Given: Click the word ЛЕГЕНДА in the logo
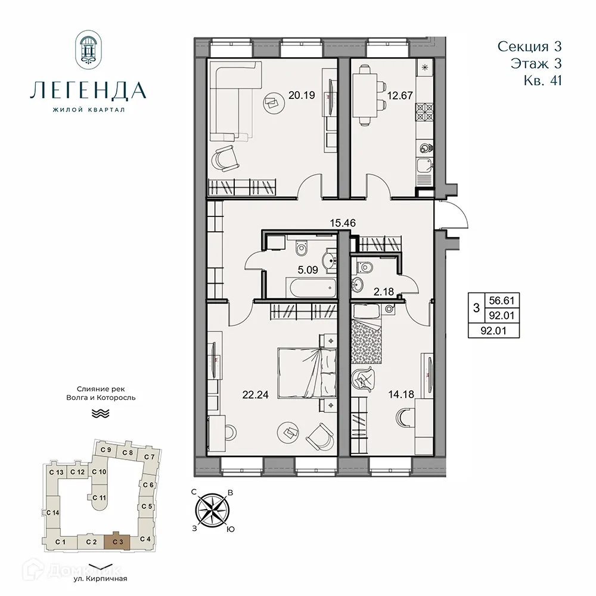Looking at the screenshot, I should pos(88,91).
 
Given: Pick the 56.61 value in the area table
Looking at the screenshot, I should pos(496,302).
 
